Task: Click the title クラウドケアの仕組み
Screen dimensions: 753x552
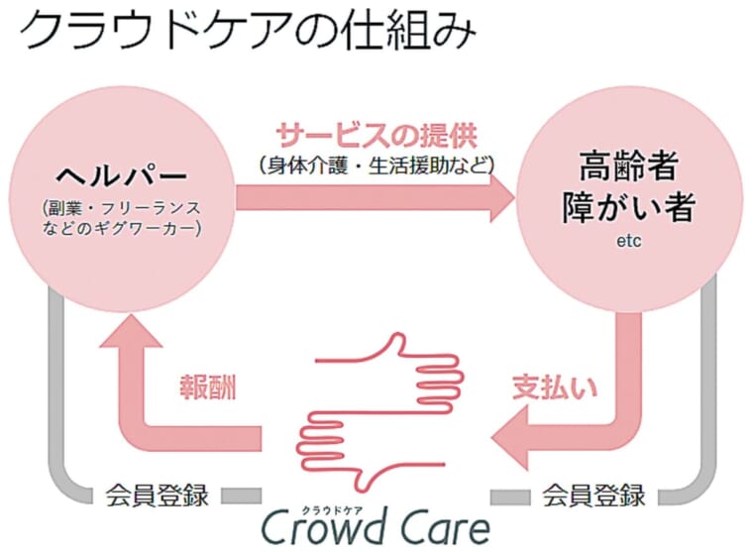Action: point(248,30)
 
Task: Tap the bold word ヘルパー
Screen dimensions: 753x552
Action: point(121,175)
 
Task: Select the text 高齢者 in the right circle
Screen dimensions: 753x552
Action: point(628,166)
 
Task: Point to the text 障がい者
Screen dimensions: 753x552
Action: point(628,207)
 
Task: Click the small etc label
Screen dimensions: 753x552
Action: point(628,241)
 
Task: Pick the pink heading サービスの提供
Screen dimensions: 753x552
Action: point(376,136)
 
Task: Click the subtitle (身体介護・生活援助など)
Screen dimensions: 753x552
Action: point(376,166)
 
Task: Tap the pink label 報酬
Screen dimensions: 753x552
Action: point(208,386)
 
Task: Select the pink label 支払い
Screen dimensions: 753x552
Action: point(555,386)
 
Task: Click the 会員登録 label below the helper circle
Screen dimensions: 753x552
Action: point(158,495)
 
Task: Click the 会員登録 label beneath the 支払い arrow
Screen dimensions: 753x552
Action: point(594,495)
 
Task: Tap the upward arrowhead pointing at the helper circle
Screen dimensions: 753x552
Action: point(131,330)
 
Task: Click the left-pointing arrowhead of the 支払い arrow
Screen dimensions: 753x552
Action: point(510,438)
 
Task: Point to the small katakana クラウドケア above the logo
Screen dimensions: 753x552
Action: point(332,510)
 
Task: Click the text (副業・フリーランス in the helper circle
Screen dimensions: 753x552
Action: point(121,208)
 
